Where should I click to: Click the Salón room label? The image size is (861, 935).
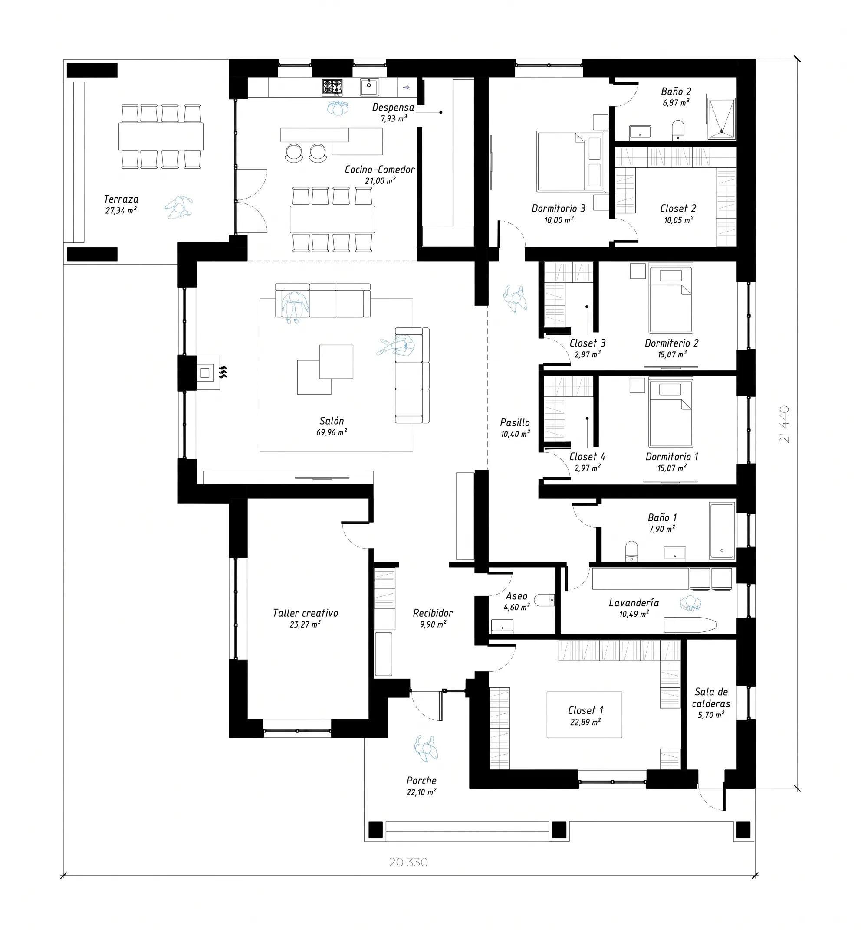click(x=332, y=421)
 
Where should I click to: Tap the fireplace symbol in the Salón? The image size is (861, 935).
click(x=208, y=373)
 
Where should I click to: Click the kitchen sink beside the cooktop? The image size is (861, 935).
click(x=369, y=87)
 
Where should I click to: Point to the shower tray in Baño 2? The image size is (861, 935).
click(x=722, y=119)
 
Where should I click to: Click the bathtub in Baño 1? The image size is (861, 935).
click(x=722, y=530)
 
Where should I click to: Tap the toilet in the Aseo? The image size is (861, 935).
click(x=544, y=600)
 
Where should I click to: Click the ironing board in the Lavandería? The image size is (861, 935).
click(x=690, y=624)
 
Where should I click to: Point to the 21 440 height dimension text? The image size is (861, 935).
click(x=785, y=424)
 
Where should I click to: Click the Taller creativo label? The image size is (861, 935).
click(x=306, y=613)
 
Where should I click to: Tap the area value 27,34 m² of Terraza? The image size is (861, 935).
click(x=121, y=210)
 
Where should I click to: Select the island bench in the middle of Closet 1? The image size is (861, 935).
click(x=584, y=715)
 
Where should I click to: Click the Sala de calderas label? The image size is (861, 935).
click(x=711, y=697)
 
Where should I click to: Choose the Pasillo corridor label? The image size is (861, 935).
click(x=515, y=422)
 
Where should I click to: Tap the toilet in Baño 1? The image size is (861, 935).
click(x=631, y=551)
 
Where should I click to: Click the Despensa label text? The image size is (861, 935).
click(x=393, y=107)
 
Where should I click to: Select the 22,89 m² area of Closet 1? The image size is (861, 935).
click(x=585, y=722)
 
